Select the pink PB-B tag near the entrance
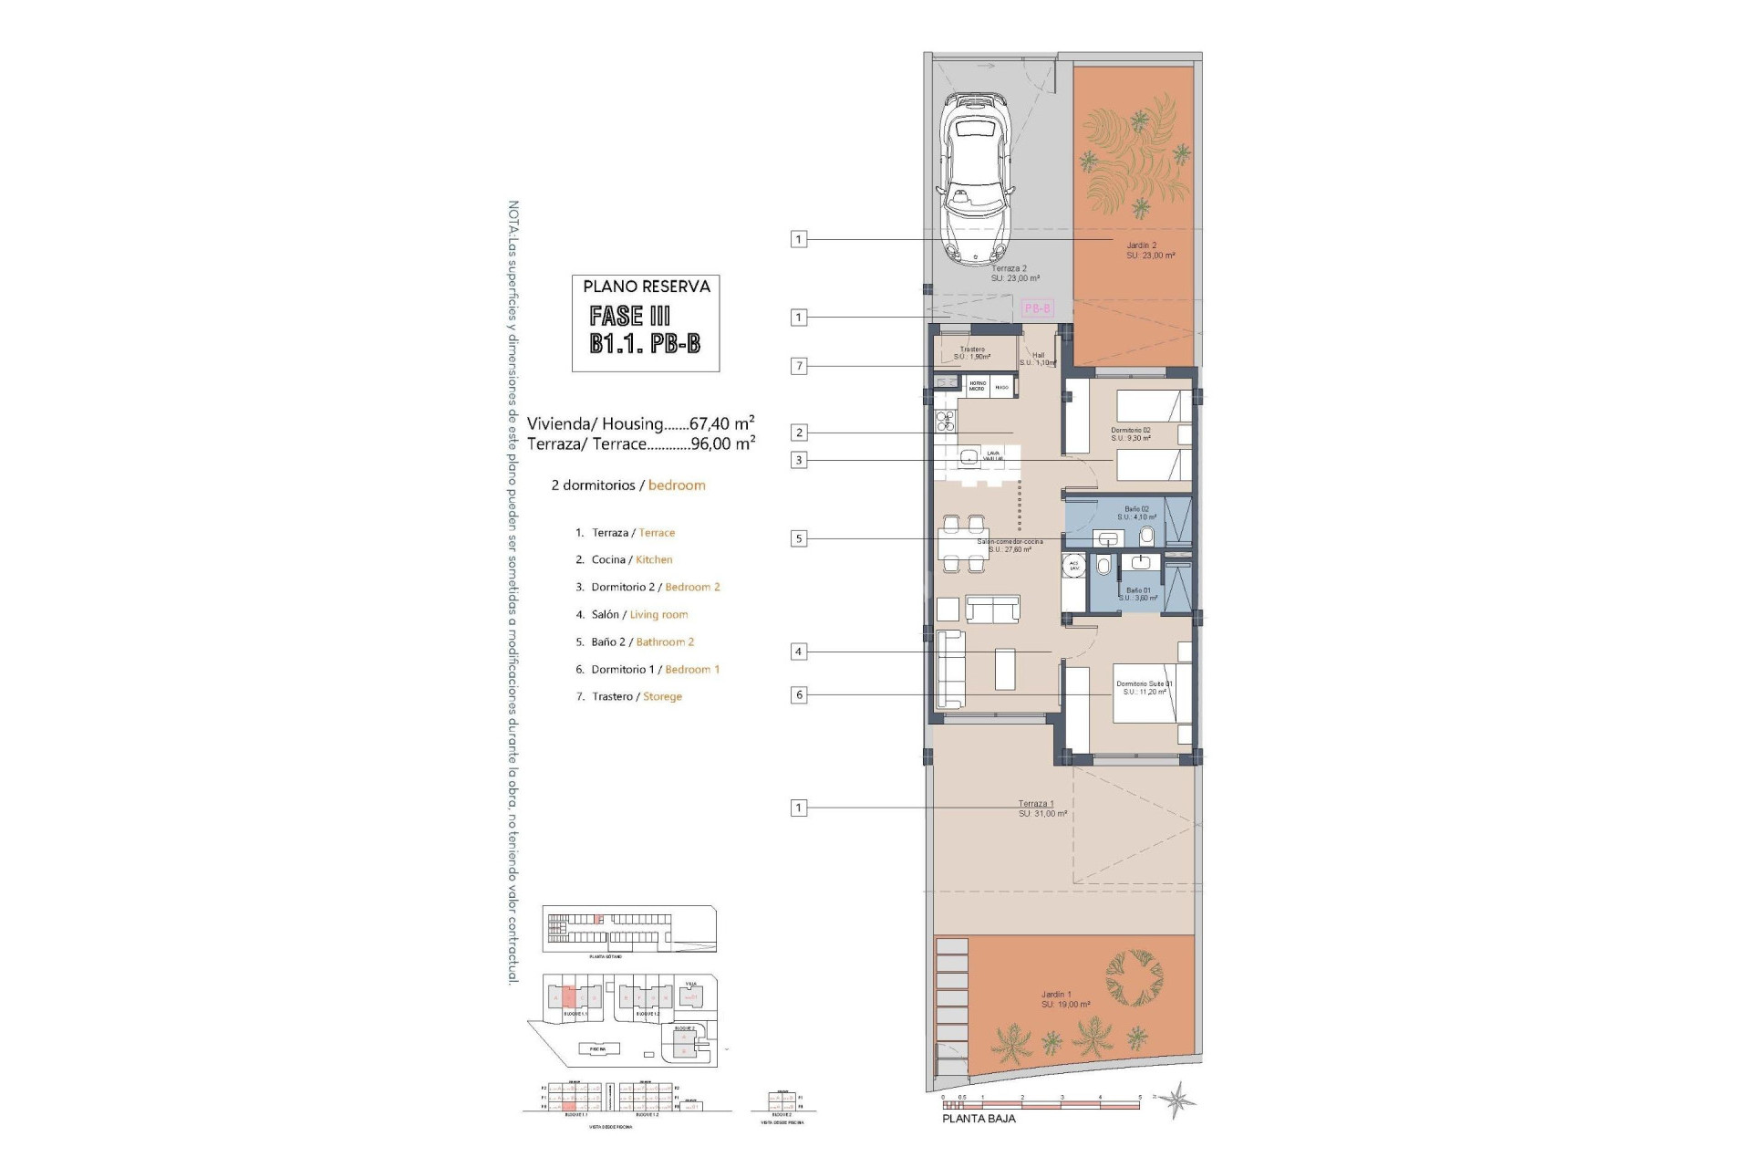pyautogui.click(x=1038, y=308)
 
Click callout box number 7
pyautogui.click(x=799, y=366)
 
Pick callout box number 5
pyautogui.click(x=799, y=538)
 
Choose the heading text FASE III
pyautogui.click(x=630, y=317)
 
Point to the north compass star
pyautogui.click(x=1180, y=1100)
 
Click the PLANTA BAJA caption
pyautogui.click(x=979, y=1118)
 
